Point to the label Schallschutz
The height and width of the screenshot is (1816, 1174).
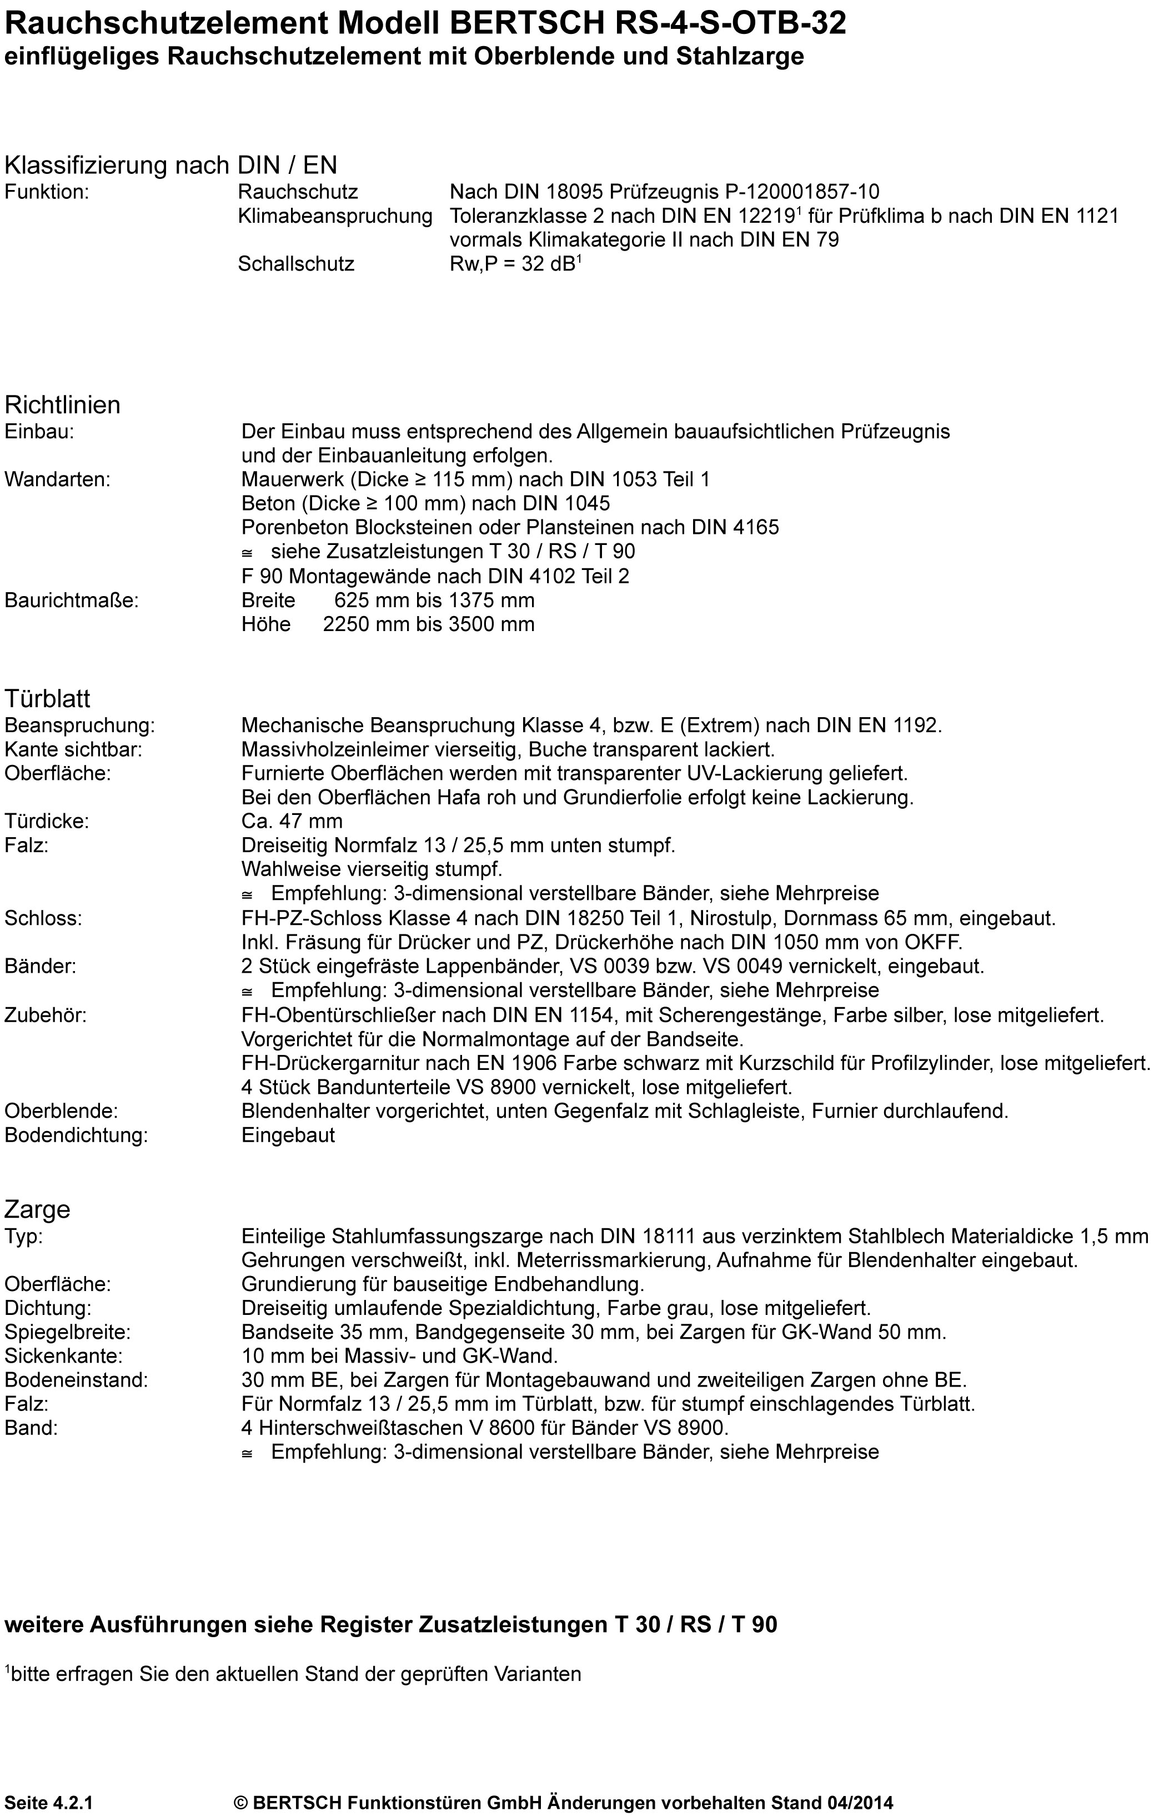tap(296, 264)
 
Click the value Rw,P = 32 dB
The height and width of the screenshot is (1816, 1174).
tap(515, 264)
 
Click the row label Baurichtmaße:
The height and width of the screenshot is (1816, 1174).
tap(72, 600)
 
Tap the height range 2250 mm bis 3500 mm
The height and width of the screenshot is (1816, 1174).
tap(428, 624)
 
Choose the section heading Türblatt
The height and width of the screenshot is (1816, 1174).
tap(47, 698)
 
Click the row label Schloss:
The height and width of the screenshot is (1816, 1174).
tap(43, 918)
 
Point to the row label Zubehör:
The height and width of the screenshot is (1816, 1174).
tap(46, 1015)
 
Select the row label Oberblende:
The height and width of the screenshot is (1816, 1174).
tap(61, 1111)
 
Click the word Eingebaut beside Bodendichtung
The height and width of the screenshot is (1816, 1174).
tap(288, 1135)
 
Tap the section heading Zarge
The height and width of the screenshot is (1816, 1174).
tap(37, 1209)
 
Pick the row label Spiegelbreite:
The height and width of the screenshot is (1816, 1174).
tap(68, 1332)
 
